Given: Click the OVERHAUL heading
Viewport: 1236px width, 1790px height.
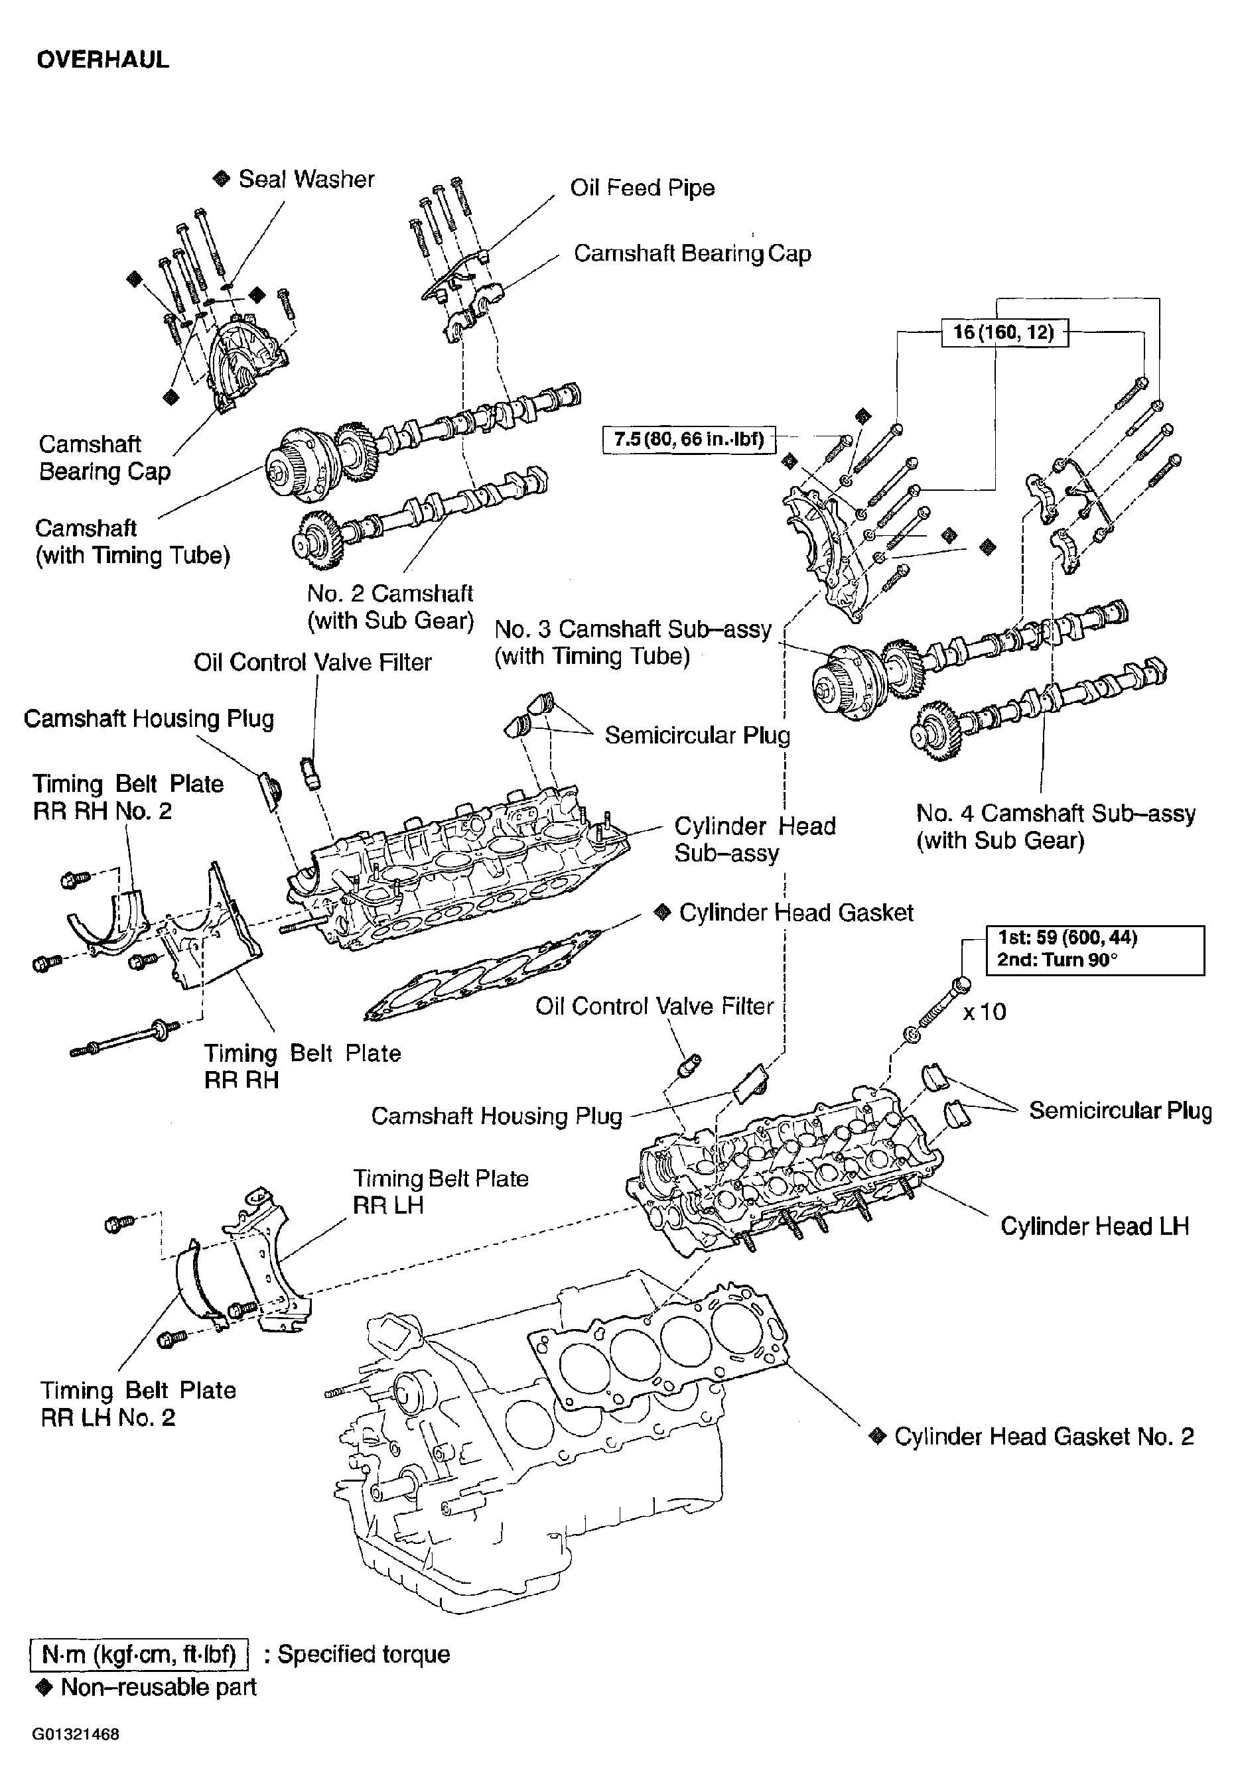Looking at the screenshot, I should (102, 60).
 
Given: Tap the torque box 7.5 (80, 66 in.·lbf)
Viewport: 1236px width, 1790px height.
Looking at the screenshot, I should (689, 440).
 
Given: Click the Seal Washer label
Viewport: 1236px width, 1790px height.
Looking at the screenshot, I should (306, 179).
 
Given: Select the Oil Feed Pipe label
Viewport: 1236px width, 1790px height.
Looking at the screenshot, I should (642, 188).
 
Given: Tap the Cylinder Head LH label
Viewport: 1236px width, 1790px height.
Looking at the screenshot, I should (1093, 1226).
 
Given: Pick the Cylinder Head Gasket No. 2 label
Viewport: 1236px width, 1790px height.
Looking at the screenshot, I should (1042, 1437).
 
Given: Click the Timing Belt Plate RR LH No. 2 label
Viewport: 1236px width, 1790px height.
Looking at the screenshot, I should (137, 1403).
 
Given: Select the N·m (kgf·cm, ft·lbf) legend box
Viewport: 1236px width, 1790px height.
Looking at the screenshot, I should (139, 1654).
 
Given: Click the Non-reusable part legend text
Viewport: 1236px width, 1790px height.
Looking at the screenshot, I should (158, 1687).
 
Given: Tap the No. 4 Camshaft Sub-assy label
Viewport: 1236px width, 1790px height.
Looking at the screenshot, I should (1055, 827).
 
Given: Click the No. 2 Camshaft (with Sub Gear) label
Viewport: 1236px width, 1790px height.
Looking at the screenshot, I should (389, 607).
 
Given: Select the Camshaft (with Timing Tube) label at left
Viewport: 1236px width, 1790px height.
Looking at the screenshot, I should (131, 542).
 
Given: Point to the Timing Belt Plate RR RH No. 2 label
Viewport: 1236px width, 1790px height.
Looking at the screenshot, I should (127, 797).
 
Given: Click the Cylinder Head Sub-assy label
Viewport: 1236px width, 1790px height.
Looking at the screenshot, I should (754, 839).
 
